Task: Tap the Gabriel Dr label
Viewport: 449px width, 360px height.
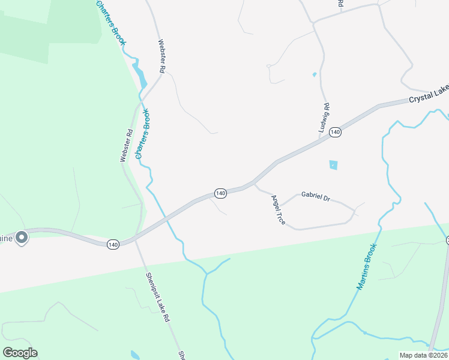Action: [x=316, y=196]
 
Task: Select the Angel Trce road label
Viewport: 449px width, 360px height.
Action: [x=278, y=210]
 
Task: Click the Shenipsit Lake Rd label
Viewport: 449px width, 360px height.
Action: [x=155, y=298]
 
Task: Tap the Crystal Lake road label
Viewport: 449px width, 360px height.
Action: [x=429, y=94]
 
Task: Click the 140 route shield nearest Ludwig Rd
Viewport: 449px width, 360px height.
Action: [x=336, y=132]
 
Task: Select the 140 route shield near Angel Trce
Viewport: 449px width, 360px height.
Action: [x=220, y=193]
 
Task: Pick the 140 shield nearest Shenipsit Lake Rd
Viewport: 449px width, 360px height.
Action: [x=113, y=244]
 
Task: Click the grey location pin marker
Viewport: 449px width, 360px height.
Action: [x=22, y=238]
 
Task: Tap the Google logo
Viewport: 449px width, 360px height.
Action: [x=20, y=353]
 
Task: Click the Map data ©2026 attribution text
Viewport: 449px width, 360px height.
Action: [x=423, y=355]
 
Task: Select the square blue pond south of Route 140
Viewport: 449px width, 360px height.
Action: [x=333, y=164]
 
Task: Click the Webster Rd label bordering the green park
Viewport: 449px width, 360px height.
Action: [x=125, y=146]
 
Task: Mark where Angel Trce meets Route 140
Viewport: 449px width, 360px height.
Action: [x=254, y=182]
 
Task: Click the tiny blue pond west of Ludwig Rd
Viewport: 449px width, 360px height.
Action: [x=314, y=75]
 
